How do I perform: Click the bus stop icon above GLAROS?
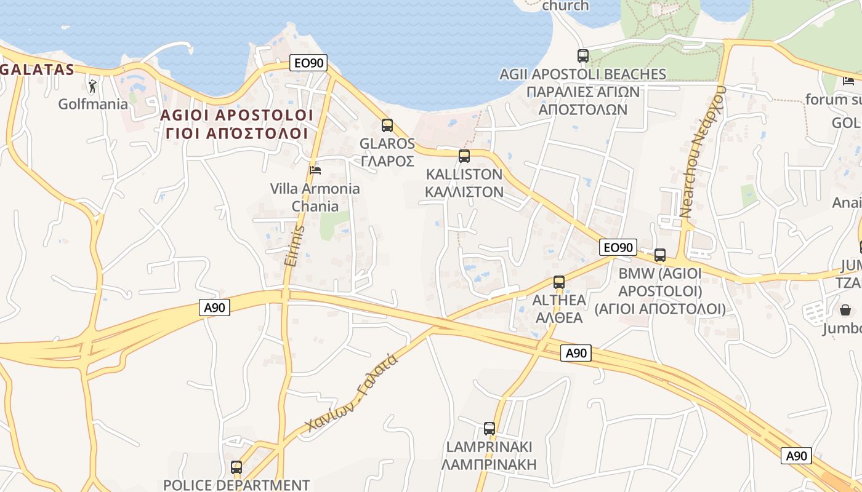click(x=387, y=125)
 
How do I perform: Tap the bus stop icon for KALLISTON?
click(x=464, y=156)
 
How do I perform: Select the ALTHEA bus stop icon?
click(x=558, y=282)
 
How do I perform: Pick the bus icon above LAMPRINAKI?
click(x=489, y=429)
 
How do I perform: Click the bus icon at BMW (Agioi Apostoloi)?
click(x=660, y=255)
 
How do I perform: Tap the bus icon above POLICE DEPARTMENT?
click(x=236, y=467)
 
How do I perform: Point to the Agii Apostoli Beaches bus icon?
click(x=583, y=56)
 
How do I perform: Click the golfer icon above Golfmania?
click(x=92, y=86)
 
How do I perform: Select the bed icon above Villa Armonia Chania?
click(x=315, y=170)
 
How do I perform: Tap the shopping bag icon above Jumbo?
click(x=845, y=310)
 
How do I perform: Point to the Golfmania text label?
click(x=93, y=104)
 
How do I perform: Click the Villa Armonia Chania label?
click(x=315, y=197)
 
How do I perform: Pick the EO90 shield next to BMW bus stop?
click(x=618, y=247)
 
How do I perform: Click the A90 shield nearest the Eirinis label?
click(x=214, y=307)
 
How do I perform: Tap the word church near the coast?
click(x=565, y=6)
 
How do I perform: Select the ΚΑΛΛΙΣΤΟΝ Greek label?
click(x=464, y=192)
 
